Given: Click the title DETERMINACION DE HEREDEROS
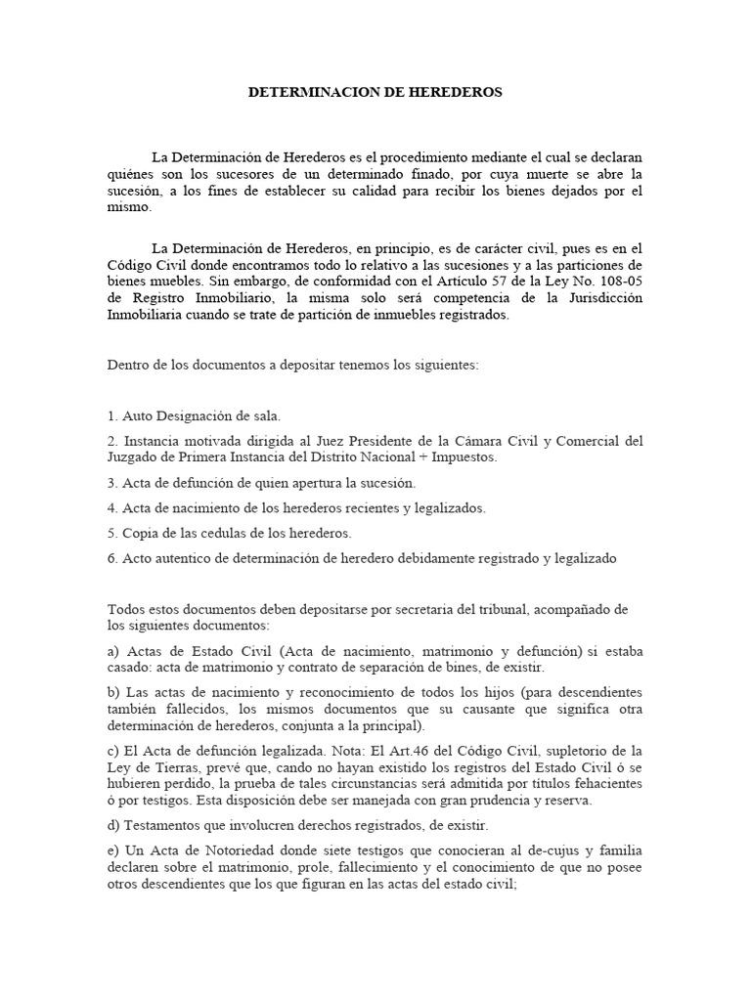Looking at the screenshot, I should coord(375,92).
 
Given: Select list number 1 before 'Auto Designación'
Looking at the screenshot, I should coord(111,416).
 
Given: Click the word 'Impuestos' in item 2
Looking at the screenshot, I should coord(464,457).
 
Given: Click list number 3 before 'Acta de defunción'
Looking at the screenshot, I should coord(111,483).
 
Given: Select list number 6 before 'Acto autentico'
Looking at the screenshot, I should coord(111,559).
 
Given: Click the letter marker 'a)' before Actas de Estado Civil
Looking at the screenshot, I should coord(113,651).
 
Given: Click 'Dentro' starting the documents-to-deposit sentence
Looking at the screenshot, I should coord(128,366).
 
